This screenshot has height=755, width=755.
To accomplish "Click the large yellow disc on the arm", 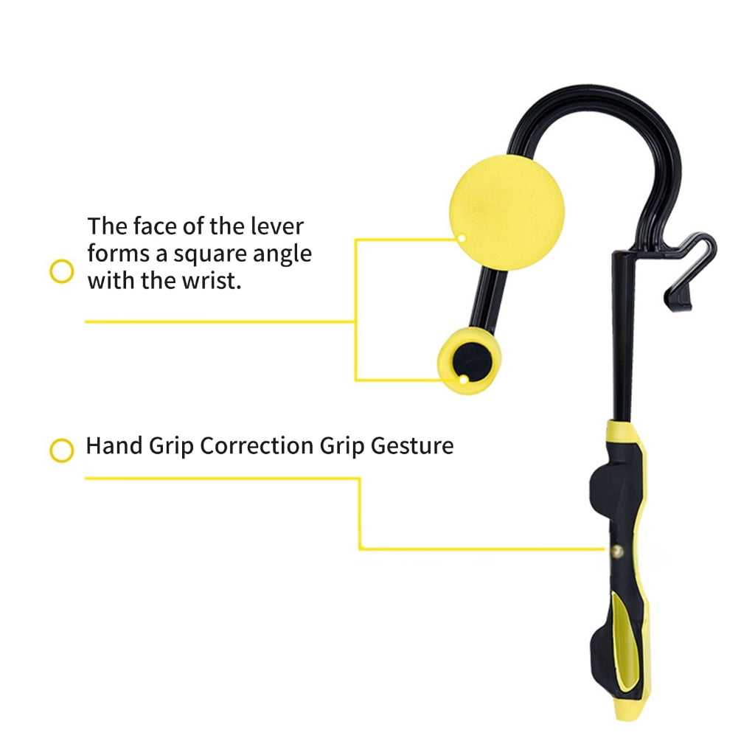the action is pos(507,212).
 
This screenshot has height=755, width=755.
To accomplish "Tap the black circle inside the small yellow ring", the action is pos(473,361).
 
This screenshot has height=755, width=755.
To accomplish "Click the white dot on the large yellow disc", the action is pos(462,238).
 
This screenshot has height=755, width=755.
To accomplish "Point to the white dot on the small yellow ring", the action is pos(463,380).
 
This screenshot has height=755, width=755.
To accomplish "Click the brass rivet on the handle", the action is pos(617,551).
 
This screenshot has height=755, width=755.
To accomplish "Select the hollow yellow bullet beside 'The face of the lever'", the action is pos(62,271).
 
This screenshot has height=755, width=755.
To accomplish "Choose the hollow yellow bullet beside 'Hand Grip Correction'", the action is pos(62,450).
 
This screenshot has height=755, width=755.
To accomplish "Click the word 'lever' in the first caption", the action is pos(277,226).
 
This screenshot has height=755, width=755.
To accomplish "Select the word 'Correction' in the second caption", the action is pos(256,446).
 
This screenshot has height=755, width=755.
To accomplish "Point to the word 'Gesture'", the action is pos(412,446).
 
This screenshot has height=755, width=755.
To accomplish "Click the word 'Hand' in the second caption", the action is pos(114,446).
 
